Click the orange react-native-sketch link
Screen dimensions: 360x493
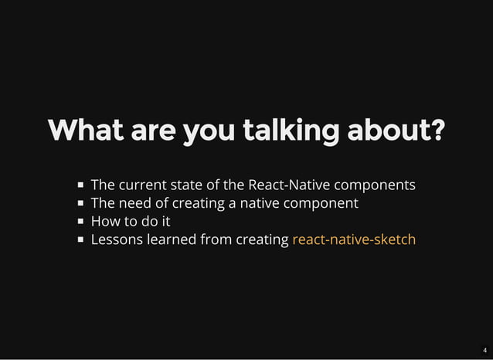[354, 239]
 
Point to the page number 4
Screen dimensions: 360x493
[484, 350]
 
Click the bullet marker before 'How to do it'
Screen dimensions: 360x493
[80, 222]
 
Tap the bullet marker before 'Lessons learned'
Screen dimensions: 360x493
[80, 240]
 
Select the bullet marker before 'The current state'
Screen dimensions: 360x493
[80, 185]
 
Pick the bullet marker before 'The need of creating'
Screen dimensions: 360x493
[80, 204]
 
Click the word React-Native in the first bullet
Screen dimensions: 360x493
[287, 185]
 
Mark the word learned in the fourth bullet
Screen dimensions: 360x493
[171, 239]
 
